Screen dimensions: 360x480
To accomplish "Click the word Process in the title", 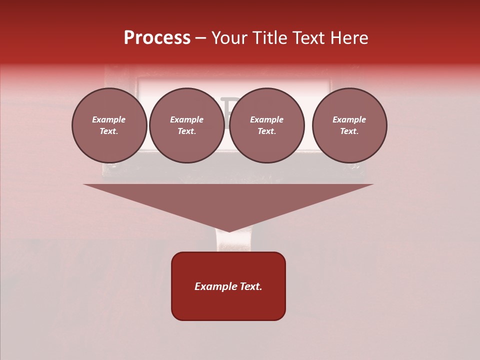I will (157, 38).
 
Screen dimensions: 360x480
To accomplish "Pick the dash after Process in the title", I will (200, 38).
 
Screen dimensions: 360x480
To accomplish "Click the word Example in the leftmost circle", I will (109, 119).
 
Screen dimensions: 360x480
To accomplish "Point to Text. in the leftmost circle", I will (109, 131).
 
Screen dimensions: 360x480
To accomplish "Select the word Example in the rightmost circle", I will (349, 119).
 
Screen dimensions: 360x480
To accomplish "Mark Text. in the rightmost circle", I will (349, 131).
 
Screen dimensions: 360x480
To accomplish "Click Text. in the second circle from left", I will (187, 131).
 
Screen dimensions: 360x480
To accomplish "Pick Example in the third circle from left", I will (267, 119).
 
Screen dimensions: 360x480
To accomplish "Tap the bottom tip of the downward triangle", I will (228, 230).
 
